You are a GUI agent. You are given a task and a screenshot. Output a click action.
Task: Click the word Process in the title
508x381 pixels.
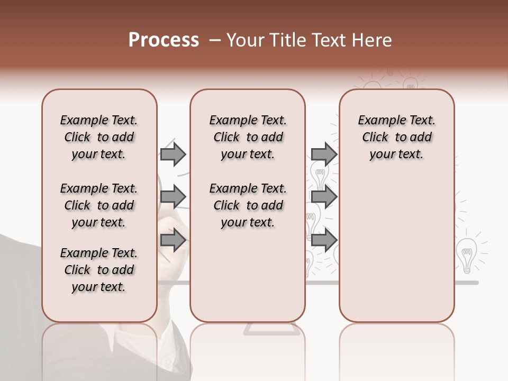(164, 40)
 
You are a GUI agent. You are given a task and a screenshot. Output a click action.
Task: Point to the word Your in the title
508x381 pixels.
(246, 40)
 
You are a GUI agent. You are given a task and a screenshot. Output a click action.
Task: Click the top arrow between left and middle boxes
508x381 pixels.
(173, 154)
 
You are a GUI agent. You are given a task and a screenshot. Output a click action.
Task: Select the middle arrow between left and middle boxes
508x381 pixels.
(173, 197)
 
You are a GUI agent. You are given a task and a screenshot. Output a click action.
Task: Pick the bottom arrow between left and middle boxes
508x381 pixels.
(173, 240)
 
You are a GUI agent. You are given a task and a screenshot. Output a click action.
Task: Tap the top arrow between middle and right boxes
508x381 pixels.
(324, 154)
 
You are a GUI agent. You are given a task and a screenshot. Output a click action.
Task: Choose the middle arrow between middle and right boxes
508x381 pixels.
(324, 197)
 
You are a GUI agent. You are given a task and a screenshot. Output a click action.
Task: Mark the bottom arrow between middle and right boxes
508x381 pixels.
(324, 240)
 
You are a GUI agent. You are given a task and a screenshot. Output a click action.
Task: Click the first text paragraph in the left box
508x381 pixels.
(99, 137)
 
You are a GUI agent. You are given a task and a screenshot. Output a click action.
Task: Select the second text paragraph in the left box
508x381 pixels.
(99, 205)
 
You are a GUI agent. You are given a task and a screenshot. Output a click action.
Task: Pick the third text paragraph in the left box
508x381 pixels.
(99, 270)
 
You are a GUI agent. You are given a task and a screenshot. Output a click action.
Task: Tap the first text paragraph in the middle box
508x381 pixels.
(248, 137)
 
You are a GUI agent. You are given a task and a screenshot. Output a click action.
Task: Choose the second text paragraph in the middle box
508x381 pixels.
(248, 205)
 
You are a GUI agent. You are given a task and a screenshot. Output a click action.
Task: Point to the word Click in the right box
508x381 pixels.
(375, 138)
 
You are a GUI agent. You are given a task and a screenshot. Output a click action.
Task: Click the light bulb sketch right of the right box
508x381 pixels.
(466, 254)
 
